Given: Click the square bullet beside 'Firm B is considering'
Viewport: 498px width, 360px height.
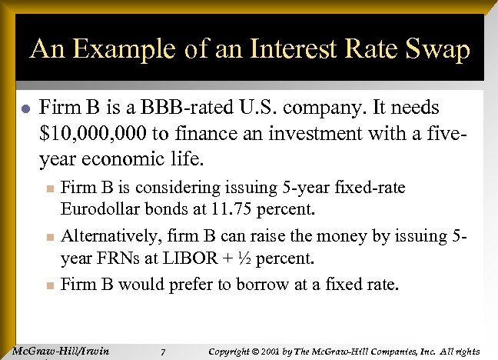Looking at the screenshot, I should [x=48, y=188].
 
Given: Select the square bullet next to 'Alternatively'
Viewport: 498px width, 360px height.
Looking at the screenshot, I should [x=48, y=237].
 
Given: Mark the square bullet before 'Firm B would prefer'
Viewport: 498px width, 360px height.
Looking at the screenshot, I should [x=48, y=285].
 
